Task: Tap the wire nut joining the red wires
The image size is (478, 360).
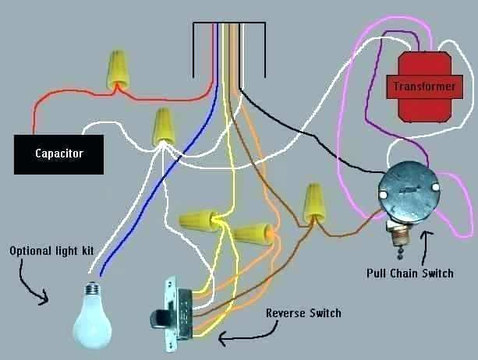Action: [x=118, y=69]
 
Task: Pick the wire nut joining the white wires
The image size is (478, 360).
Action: [x=163, y=125]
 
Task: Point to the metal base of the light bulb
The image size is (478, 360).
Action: [x=91, y=289]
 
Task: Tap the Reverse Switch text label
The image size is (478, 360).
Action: [x=303, y=312]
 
